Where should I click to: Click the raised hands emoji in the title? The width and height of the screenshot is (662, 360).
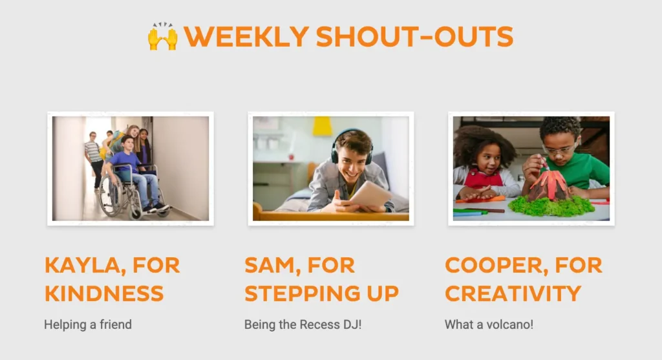click(x=162, y=36)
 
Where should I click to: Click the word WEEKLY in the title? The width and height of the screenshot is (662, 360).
click(x=246, y=36)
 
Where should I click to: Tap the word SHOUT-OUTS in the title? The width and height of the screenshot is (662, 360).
click(x=414, y=36)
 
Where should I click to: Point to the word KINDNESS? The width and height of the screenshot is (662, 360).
click(x=104, y=293)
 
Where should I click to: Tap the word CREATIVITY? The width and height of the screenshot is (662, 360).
click(x=513, y=293)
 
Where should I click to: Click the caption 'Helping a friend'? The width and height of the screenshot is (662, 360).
click(x=88, y=324)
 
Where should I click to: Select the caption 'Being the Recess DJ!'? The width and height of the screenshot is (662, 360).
click(x=303, y=324)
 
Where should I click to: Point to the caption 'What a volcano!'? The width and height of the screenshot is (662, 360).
click(x=489, y=324)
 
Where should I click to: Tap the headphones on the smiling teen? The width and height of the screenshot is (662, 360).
click(x=350, y=145)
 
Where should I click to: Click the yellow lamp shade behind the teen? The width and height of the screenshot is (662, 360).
click(x=322, y=126)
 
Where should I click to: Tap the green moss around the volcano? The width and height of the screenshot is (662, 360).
click(x=551, y=206)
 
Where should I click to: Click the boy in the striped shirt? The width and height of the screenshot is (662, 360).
click(x=94, y=159)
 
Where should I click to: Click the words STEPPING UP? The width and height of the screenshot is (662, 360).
click(x=322, y=294)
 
